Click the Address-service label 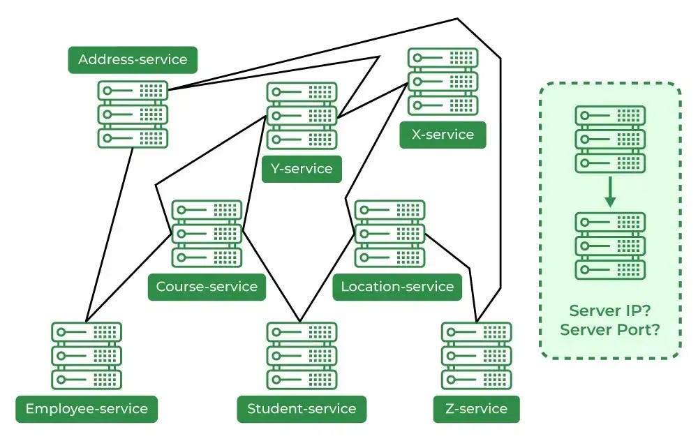point(133,60)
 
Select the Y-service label point(302,169)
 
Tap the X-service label point(443,135)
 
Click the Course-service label point(207,287)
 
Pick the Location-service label point(397,287)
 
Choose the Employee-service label point(87,409)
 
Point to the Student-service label point(302,409)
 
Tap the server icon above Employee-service point(87,355)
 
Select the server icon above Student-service point(302,355)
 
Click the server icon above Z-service point(477,355)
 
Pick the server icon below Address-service point(133,114)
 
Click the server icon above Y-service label point(302,116)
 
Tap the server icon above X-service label point(443,82)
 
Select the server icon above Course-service point(207,234)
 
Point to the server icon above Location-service point(389,234)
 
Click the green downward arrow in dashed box point(610,192)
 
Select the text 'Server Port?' point(610,329)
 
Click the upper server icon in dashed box point(610,140)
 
